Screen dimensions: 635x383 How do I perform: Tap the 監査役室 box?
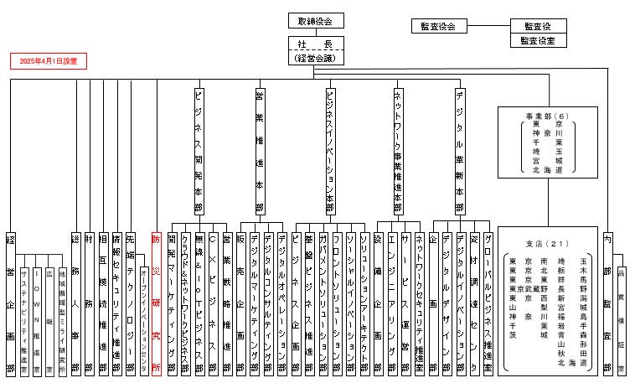click(542, 40)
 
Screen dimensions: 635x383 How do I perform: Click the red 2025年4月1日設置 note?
click(49, 62)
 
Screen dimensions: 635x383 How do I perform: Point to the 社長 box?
click(315, 44)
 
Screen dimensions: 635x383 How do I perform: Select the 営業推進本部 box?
click(259, 151)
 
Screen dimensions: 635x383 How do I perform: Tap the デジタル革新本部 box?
click(460, 151)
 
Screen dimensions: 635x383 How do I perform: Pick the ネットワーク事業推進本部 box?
click(397, 151)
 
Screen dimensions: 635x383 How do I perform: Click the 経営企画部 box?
click(10, 302)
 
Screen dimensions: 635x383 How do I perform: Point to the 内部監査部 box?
click(607, 302)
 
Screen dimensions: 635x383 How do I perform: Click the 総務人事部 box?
click(75, 302)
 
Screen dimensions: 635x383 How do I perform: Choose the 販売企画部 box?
click(241, 302)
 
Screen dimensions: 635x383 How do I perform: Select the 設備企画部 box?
click(379, 302)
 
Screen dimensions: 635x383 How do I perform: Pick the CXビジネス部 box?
click(213, 302)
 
